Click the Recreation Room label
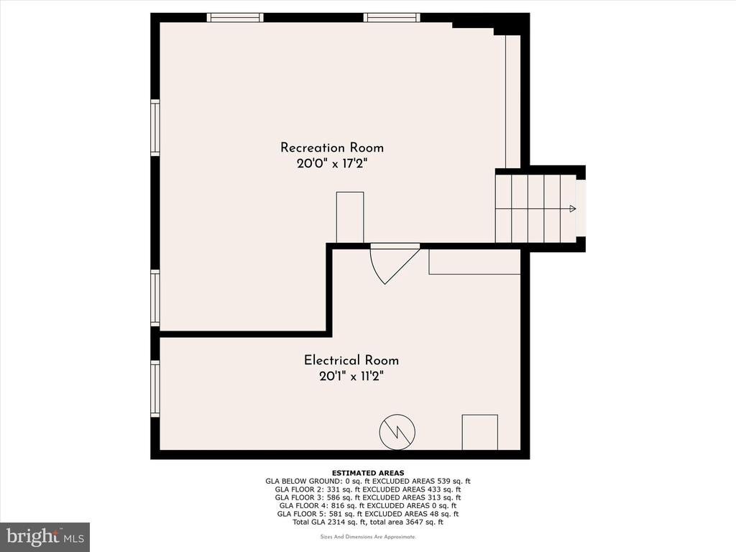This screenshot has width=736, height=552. (x=332, y=147)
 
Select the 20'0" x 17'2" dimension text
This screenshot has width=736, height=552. (x=331, y=164)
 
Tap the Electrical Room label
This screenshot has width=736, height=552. (x=351, y=360)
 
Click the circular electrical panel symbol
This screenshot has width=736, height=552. (x=397, y=432)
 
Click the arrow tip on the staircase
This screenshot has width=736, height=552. (x=575, y=208)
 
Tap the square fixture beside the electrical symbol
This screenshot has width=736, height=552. (x=479, y=432)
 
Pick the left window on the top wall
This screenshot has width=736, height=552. (x=235, y=17)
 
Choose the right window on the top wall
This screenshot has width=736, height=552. (x=392, y=17)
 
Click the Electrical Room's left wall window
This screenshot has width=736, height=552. (x=155, y=388)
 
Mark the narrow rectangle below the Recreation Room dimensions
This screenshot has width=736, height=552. (x=350, y=217)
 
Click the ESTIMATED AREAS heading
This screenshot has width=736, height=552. (x=368, y=473)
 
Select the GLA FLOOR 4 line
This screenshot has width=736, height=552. (x=368, y=505)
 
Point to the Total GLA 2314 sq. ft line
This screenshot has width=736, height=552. (x=368, y=522)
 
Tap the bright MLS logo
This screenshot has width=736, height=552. (x=45, y=536)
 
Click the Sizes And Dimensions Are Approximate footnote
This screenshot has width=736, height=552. (x=368, y=536)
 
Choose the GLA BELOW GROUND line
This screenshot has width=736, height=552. (x=368, y=481)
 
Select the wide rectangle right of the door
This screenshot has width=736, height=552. (x=474, y=262)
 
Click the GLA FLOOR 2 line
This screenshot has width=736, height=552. (x=368, y=489)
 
